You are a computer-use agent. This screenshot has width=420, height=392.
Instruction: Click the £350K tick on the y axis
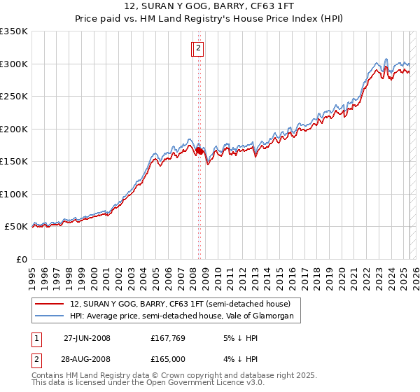14,31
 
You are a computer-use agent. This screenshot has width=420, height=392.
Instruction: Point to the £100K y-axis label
14,195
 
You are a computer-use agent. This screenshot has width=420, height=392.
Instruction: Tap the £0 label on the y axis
21,260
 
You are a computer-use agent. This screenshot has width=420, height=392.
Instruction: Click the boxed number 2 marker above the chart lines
199,48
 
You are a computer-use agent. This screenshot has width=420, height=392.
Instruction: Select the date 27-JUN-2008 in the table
87,338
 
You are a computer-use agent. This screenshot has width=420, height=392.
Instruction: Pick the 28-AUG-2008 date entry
87,359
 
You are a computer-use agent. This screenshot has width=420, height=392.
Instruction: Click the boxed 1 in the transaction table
36,338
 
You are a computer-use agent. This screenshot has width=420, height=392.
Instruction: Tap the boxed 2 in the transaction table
36,359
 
